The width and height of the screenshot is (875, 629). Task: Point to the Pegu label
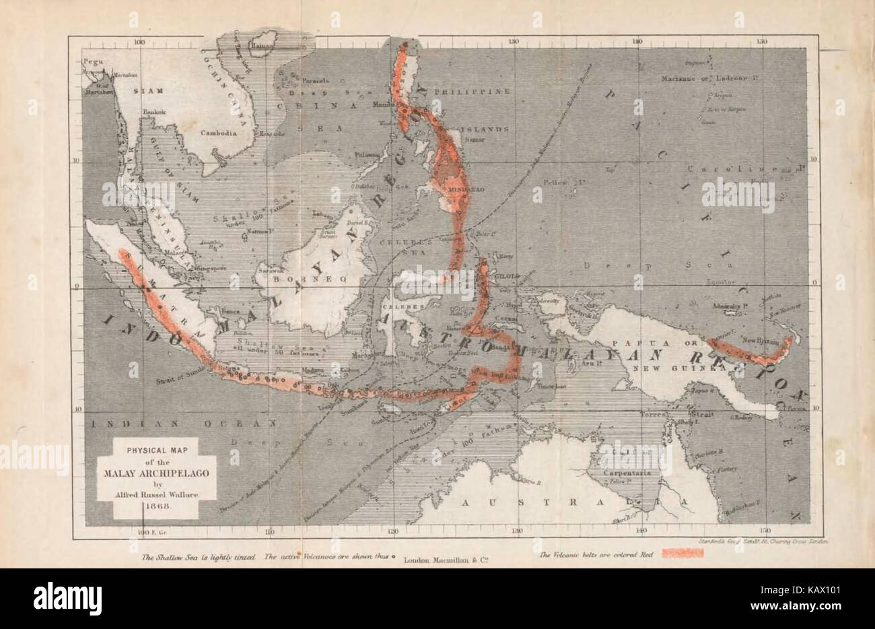point(91,61)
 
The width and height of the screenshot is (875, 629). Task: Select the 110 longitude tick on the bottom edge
point(269,532)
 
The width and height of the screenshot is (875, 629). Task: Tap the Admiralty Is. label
point(732,305)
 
